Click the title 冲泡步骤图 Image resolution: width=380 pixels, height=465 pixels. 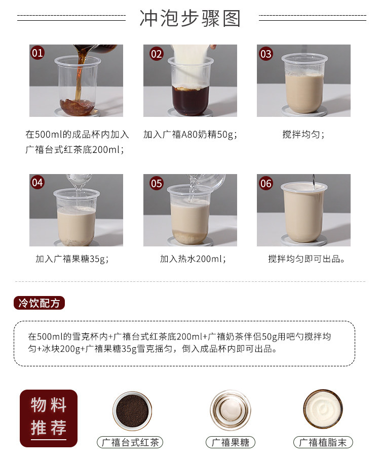190,18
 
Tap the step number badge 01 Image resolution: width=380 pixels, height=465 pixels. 38,53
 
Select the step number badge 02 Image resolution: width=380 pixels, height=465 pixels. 157,54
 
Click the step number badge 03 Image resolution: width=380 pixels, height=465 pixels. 266,54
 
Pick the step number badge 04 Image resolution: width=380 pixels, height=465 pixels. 38,183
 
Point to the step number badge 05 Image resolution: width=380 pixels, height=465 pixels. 157,183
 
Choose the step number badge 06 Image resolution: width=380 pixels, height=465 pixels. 266,183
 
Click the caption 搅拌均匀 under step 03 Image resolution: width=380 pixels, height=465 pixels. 303,135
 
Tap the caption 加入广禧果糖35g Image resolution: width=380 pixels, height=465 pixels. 72,259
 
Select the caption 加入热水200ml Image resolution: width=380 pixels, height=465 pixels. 193,259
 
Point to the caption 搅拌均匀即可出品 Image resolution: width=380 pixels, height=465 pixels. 307,259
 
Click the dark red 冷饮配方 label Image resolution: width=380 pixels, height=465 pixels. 39,303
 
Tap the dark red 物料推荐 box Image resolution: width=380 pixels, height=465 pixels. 49,417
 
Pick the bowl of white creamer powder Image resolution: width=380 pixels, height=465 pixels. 323,409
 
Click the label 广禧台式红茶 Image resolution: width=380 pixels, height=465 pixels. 130,442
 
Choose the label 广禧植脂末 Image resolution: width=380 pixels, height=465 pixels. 323,442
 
